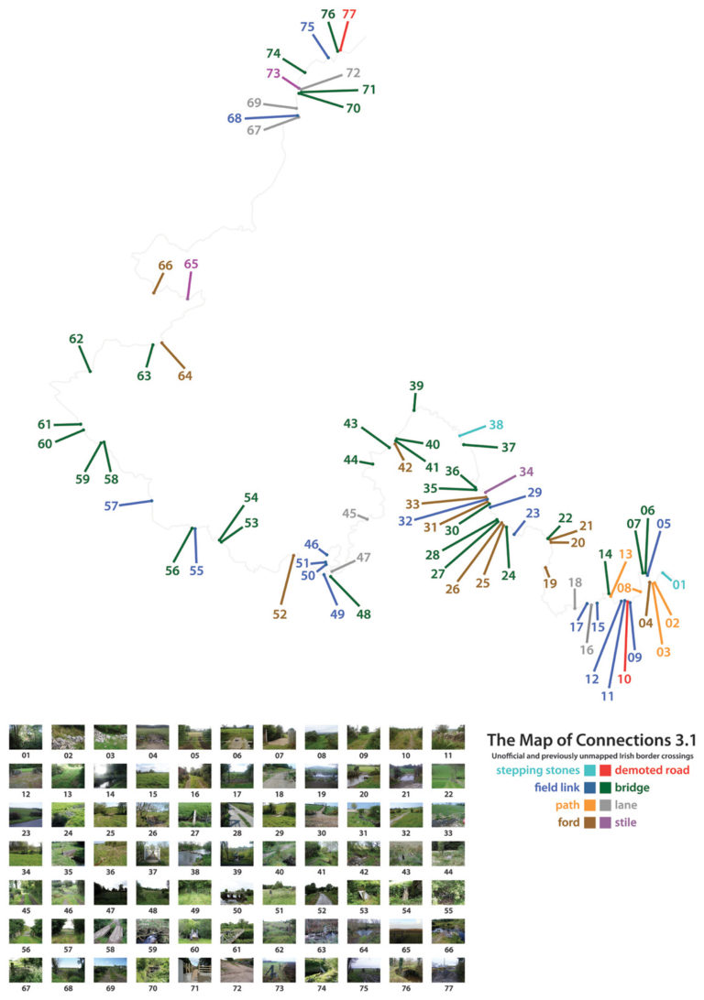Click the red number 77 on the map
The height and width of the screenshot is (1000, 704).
349,14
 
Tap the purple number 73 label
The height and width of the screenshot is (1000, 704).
273,73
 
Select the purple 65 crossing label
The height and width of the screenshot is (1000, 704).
191,264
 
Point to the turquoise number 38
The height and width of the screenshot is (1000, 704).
496,425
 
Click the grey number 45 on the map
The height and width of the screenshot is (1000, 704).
349,514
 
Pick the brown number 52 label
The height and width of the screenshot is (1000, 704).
280,614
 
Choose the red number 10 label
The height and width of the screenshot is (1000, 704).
624,679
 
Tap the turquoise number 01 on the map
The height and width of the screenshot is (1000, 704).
679,584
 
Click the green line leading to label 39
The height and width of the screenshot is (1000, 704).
414,402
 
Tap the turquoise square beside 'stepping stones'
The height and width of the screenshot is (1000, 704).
588,771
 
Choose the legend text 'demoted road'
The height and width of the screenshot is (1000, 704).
652,771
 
